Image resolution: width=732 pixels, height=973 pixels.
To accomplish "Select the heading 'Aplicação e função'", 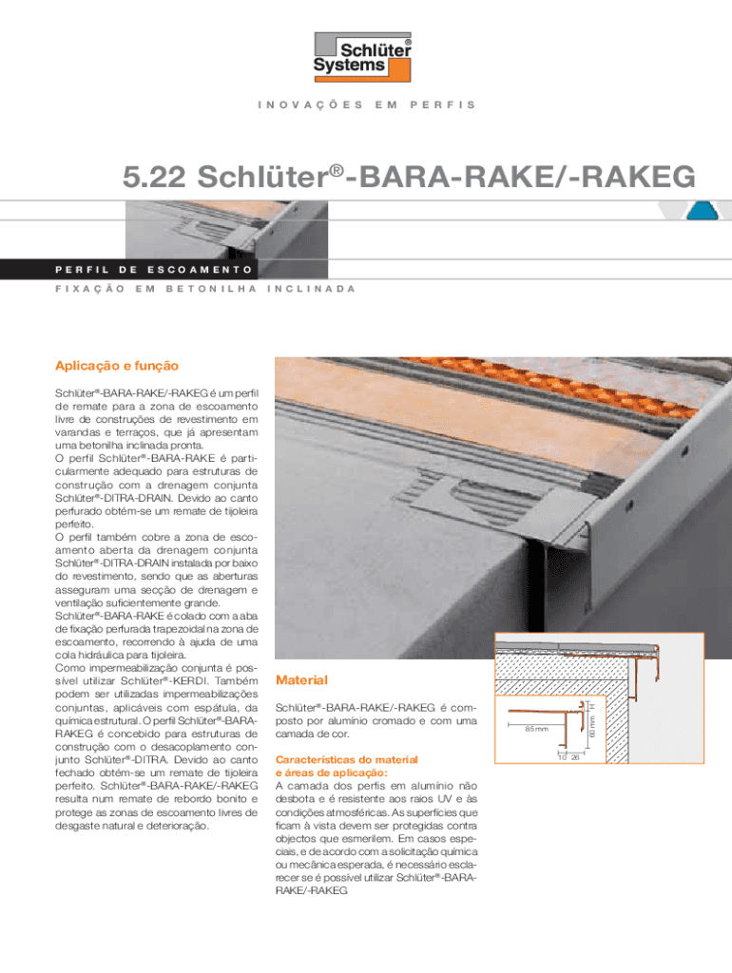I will (119, 365).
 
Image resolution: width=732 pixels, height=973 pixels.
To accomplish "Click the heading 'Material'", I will (300, 680).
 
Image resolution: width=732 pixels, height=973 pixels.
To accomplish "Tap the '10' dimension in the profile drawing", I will (563, 757).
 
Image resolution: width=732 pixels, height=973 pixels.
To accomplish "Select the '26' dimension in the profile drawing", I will (576, 757).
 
